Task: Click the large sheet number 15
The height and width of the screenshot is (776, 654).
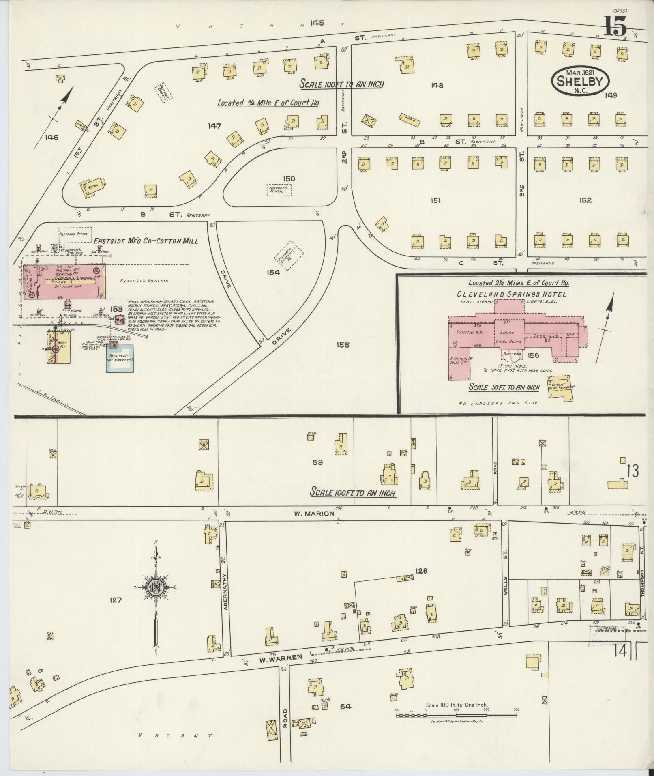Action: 615,27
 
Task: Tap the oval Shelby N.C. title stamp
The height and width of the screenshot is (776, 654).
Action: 580,81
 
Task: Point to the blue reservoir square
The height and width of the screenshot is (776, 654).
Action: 120,359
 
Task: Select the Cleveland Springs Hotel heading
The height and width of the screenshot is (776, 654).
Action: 512,294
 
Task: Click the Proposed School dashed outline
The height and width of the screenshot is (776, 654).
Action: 279,190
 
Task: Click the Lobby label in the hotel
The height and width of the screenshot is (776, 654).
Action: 506,332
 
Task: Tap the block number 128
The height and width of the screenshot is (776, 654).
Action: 421,571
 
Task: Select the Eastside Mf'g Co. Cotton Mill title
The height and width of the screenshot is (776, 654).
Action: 146,241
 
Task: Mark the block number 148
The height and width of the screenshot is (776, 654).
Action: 437,85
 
